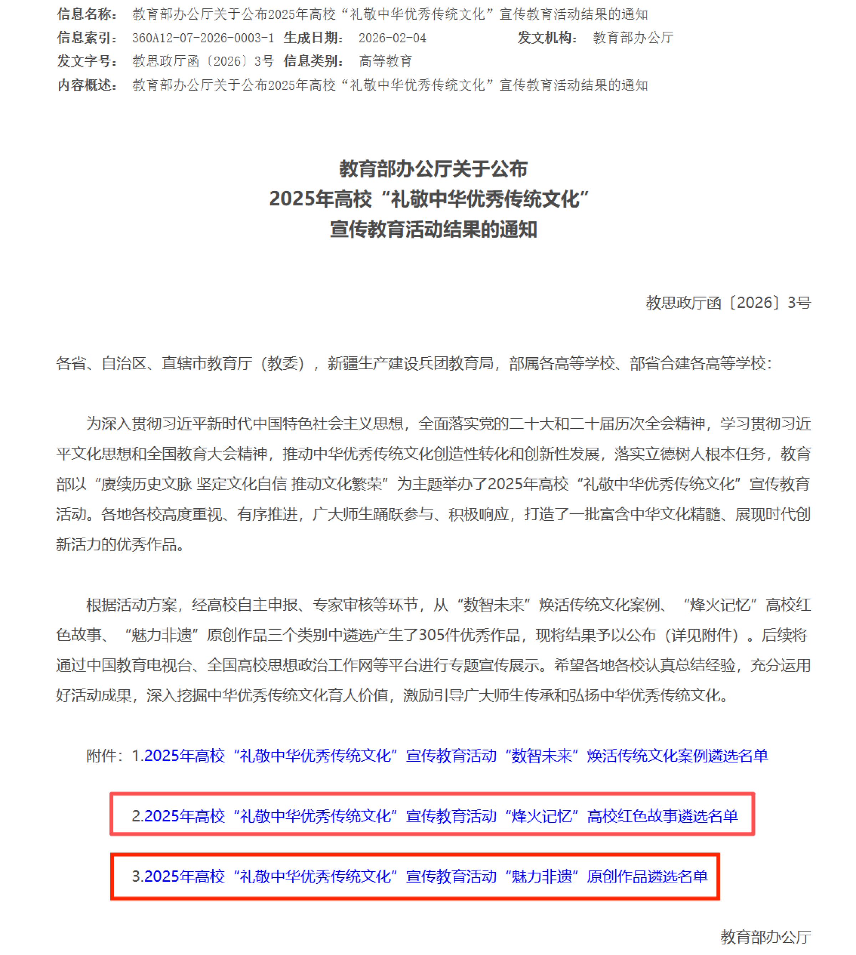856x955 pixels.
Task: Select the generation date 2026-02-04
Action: (x=392, y=37)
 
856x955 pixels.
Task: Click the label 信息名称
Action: (x=87, y=14)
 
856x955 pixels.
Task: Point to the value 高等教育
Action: (x=386, y=61)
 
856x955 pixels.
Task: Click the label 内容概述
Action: (x=87, y=85)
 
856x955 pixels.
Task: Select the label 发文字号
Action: (x=87, y=61)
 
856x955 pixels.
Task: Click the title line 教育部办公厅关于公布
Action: (x=433, y=169)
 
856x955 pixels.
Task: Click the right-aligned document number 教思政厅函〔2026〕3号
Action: (x=728, y=303)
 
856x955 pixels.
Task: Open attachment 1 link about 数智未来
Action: (x=450, y=756)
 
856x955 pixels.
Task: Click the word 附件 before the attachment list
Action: (x=101, y=756)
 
